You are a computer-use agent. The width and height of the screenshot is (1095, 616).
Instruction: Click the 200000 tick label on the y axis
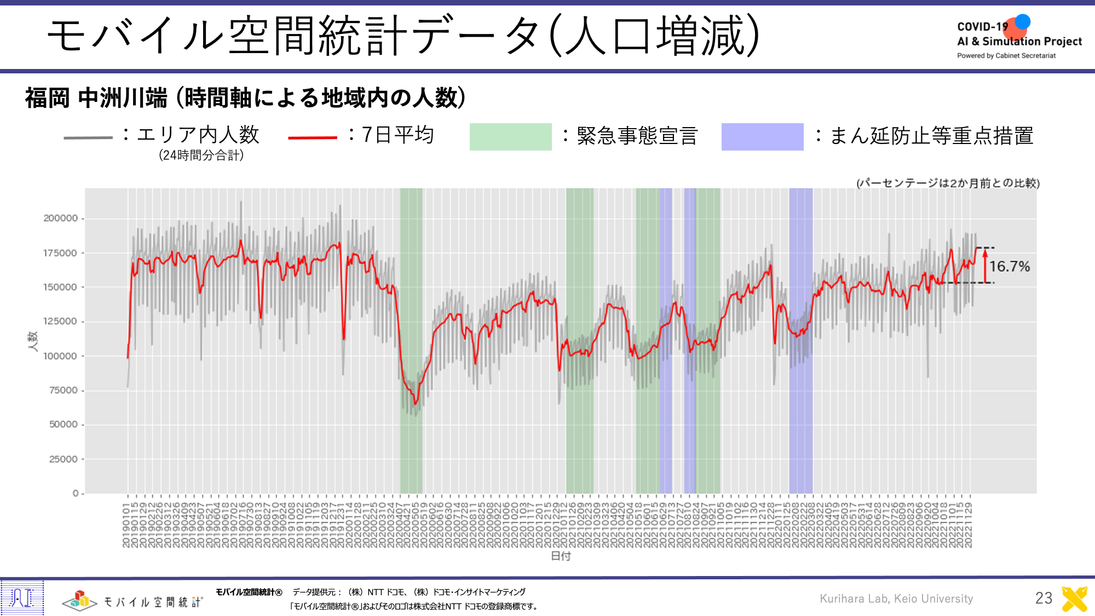pyautogui.click(x=61, y=218)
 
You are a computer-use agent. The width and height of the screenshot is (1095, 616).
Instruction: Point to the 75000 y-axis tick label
pyautogui.click(x=64, y=390)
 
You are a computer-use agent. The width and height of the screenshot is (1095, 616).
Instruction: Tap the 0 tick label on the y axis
pyautogui.click(x=76, y=493)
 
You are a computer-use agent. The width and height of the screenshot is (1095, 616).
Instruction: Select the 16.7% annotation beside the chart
pyautogui.click(x=1010, y=267)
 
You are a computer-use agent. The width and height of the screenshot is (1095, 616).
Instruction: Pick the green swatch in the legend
pyautogui.click(x=510, y=137)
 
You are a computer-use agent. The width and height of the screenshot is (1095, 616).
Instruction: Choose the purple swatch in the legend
pyautogui.click(x=762, y=137)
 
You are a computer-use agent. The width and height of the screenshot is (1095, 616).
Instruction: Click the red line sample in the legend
pyautogui.click(x=312, y=137)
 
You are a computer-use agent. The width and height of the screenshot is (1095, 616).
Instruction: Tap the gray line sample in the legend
pyautogui.click(x=88, y=137)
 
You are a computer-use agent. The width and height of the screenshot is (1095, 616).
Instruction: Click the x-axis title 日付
pyautogui.click(x=561, y=556)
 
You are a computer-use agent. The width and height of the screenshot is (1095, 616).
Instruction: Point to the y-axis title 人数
pyautogui.click(x=33, y=341)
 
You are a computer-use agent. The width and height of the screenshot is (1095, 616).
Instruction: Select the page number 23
pyautogui.click(x=1044, y=598)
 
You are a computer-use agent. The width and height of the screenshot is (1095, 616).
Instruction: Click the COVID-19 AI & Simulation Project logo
pyautogui.click(x=1019, y=38)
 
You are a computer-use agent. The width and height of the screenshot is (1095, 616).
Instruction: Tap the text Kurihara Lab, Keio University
pyautogui.click(x=896, y=598)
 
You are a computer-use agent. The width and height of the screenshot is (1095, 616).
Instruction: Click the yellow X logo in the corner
pyautogui.click(x=1074, y=598)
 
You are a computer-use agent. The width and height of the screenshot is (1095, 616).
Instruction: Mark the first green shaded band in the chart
pyautogui.click(x=411, y=339)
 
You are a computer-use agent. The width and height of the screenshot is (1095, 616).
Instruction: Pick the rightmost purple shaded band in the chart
pyautogui.click(x=800, y=339)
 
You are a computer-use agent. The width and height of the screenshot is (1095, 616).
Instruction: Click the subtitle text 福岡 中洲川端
pyautogui.click(x=96, y=98)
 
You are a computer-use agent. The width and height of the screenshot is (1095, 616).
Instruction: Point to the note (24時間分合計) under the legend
pyautogui.click(x=201, y=156)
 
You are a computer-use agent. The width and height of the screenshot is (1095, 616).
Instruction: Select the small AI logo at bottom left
pyautogui.click(x=22, y=597)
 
